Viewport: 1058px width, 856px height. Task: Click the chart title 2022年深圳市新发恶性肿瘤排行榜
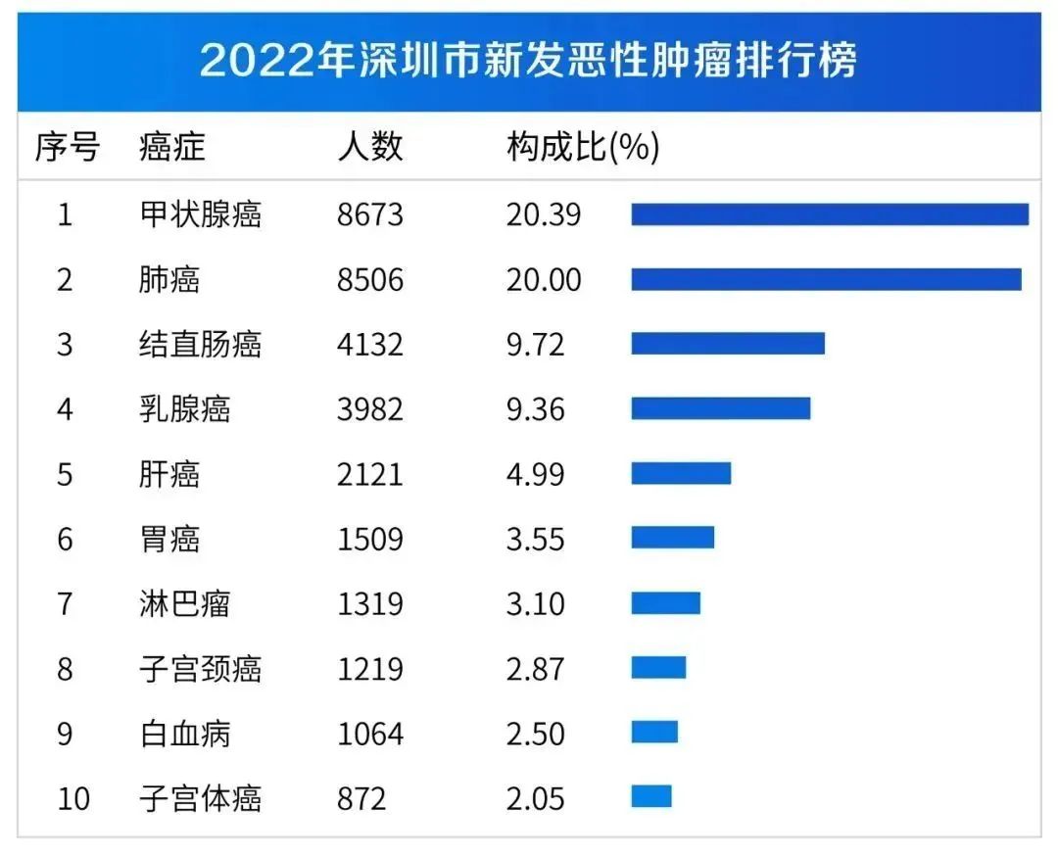[528, 60]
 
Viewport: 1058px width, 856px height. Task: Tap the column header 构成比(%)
[582, 148]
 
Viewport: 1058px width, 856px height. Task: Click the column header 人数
[369, 148]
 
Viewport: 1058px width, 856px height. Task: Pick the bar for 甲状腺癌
[829, 214]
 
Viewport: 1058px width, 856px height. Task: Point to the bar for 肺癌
[825, 279]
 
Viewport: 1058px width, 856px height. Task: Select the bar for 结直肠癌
[727, 344]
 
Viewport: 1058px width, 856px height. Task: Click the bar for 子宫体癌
[650, 796]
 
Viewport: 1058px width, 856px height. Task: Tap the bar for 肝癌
[680, 473]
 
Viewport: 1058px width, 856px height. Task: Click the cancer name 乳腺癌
[185, 408]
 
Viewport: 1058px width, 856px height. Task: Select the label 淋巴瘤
[185, 602]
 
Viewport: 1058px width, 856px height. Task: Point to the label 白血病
[185, 734]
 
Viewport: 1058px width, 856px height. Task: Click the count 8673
[369, 214]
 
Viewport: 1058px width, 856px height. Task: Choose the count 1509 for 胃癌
[369, 538]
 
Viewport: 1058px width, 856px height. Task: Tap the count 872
[361, 798]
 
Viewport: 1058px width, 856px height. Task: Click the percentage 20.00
[543, 279]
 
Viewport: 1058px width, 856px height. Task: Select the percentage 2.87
[535, 668]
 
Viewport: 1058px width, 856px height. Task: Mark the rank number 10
[73, 798]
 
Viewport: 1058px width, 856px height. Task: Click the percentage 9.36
[535, 408]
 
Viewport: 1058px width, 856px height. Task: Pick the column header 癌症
[172, 148]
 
